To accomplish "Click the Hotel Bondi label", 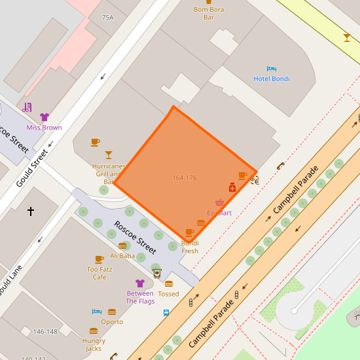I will [x=271, y=79].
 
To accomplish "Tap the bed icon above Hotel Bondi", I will [x=271, y=69].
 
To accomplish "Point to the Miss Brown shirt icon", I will [x=45, y=117].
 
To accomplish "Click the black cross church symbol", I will [x=30, y=211].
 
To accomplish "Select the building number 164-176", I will [x=185, y=178].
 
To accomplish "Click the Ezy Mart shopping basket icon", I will [x=219, y=203].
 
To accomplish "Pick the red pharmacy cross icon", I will [x=232, y=187].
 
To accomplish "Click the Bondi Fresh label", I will [x=190, y=247].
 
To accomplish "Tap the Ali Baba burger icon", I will [x=122, y=245].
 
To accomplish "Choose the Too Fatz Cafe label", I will [x=99, y=273].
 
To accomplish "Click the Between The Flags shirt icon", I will [x=139, y=283].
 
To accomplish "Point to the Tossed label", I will [x=168, y=294].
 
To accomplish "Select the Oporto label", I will [x=112, y=321].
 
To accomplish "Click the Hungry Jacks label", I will [x=94, y=345].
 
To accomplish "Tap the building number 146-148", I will [x=45, y=332].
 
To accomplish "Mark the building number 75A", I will [x=108, y=18].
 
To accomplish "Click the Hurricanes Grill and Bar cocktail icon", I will [x=109, y=155].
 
